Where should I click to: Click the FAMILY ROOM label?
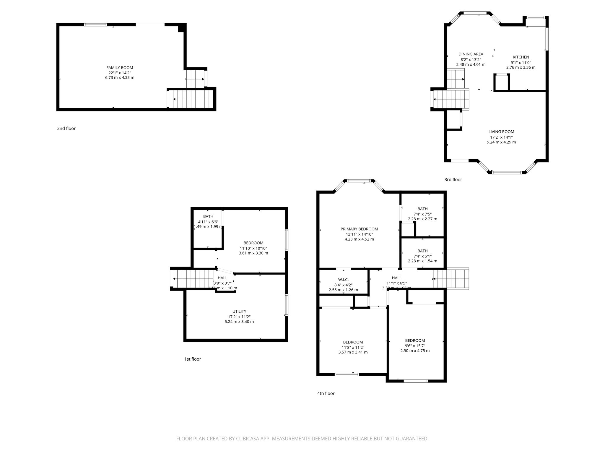120,68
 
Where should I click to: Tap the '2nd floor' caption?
66,129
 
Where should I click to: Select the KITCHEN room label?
521,57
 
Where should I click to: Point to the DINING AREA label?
471,54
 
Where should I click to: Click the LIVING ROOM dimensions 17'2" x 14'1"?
501,137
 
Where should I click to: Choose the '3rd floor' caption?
453,180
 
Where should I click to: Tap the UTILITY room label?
239,312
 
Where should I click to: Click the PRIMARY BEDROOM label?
359,229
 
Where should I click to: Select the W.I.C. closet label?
343,280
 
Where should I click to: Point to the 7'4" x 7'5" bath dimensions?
422,214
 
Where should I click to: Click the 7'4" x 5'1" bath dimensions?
422,256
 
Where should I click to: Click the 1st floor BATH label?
208,217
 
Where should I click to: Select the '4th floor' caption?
326,393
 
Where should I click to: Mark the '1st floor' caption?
192,359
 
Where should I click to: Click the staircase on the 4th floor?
451,278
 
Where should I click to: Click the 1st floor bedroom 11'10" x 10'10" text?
253,248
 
